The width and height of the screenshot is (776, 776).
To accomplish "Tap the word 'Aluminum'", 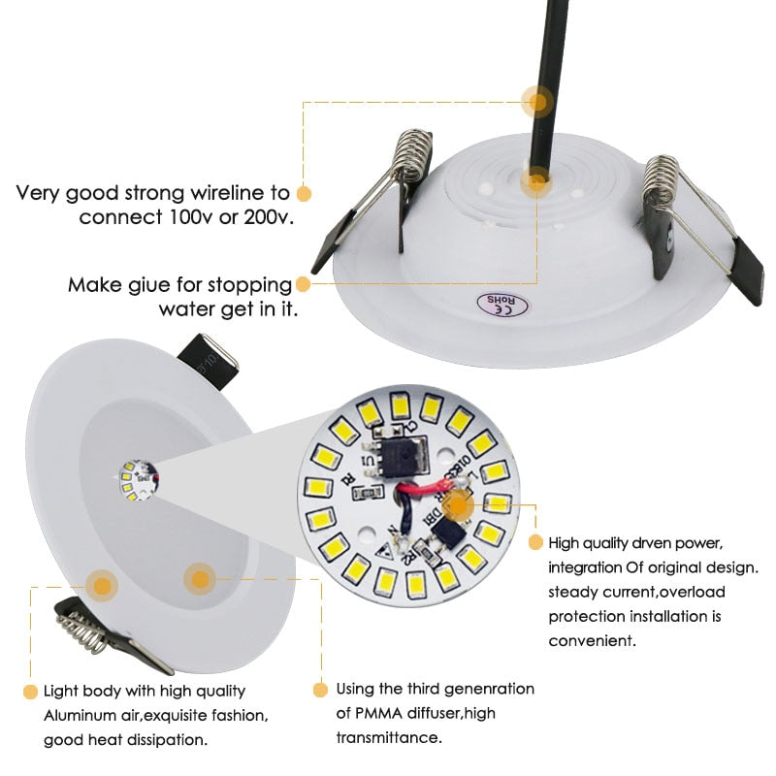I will (x=81, y=716).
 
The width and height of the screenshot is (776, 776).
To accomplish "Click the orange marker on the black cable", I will (x=535, y=100).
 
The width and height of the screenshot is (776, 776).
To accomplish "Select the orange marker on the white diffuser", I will (x=200, y=580).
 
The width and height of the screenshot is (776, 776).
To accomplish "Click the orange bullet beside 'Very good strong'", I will (x=304, y=192).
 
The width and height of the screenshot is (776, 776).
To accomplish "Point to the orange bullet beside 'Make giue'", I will (x=304, y=285).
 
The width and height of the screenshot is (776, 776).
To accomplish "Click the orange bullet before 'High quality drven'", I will (x=534, y=542).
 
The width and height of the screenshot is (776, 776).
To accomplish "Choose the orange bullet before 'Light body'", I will (x=30, y=692).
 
